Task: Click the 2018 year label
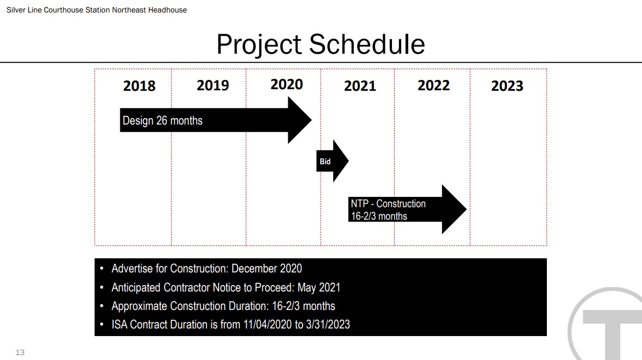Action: pos(139,86)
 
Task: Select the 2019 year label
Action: pos(213,85)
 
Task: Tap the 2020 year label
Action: pos(286,84)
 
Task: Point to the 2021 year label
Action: pos(360,86)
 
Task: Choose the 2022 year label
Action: pos(434,85)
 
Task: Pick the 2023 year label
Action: pos(507,86)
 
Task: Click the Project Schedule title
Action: pos(321,44)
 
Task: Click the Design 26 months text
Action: pos(163,121)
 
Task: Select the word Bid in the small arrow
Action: pos(325,162)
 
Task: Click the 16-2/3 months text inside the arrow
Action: pos(379,216)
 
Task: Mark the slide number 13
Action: pos(20,352)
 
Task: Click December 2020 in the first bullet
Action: pos(266,268)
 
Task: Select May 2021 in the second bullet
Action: pos(319,288)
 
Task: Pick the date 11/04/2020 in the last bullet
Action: pos(268,324)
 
